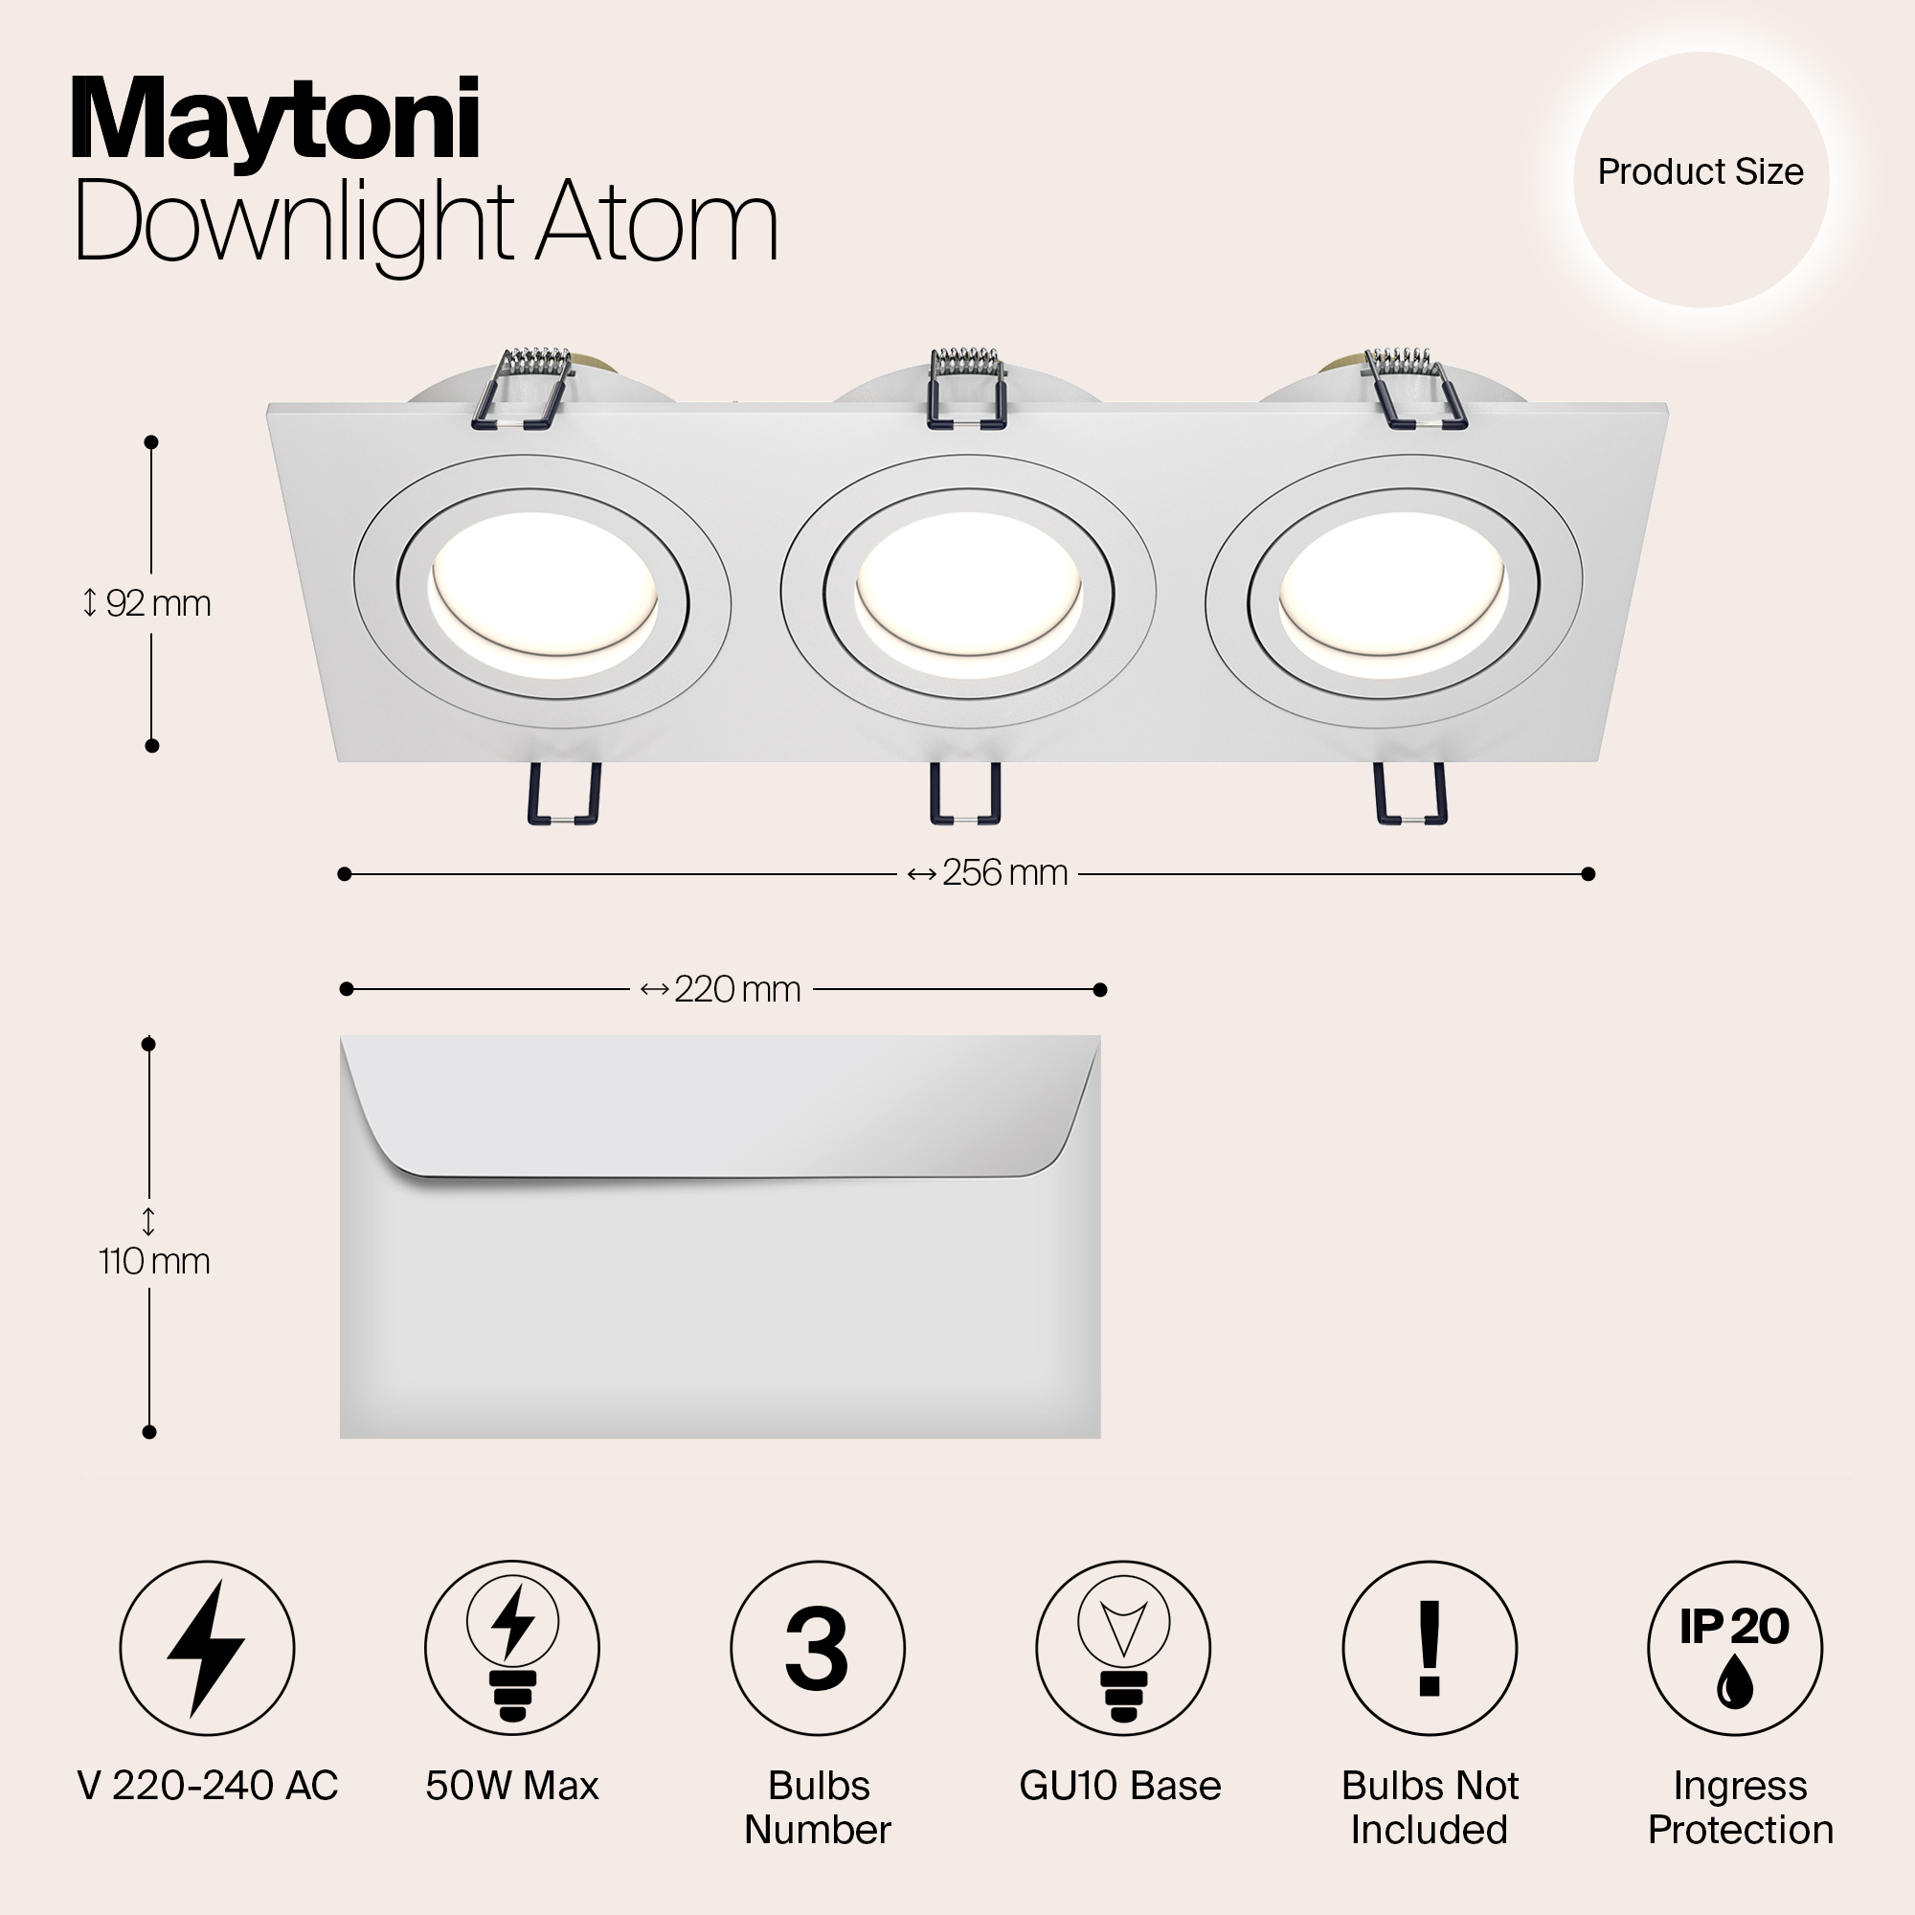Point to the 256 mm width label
coord(987,873)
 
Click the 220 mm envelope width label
coord(721,989)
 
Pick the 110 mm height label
coord(153,1261)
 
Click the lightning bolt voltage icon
coord(207,1649)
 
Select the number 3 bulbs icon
coord(818,1649)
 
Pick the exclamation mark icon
coord(1430,1649)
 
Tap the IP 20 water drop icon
coord(1735,1649)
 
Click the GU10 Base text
coord(1120,1786)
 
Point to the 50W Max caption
coord(512,1786)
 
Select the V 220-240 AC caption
coord(207,1786)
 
